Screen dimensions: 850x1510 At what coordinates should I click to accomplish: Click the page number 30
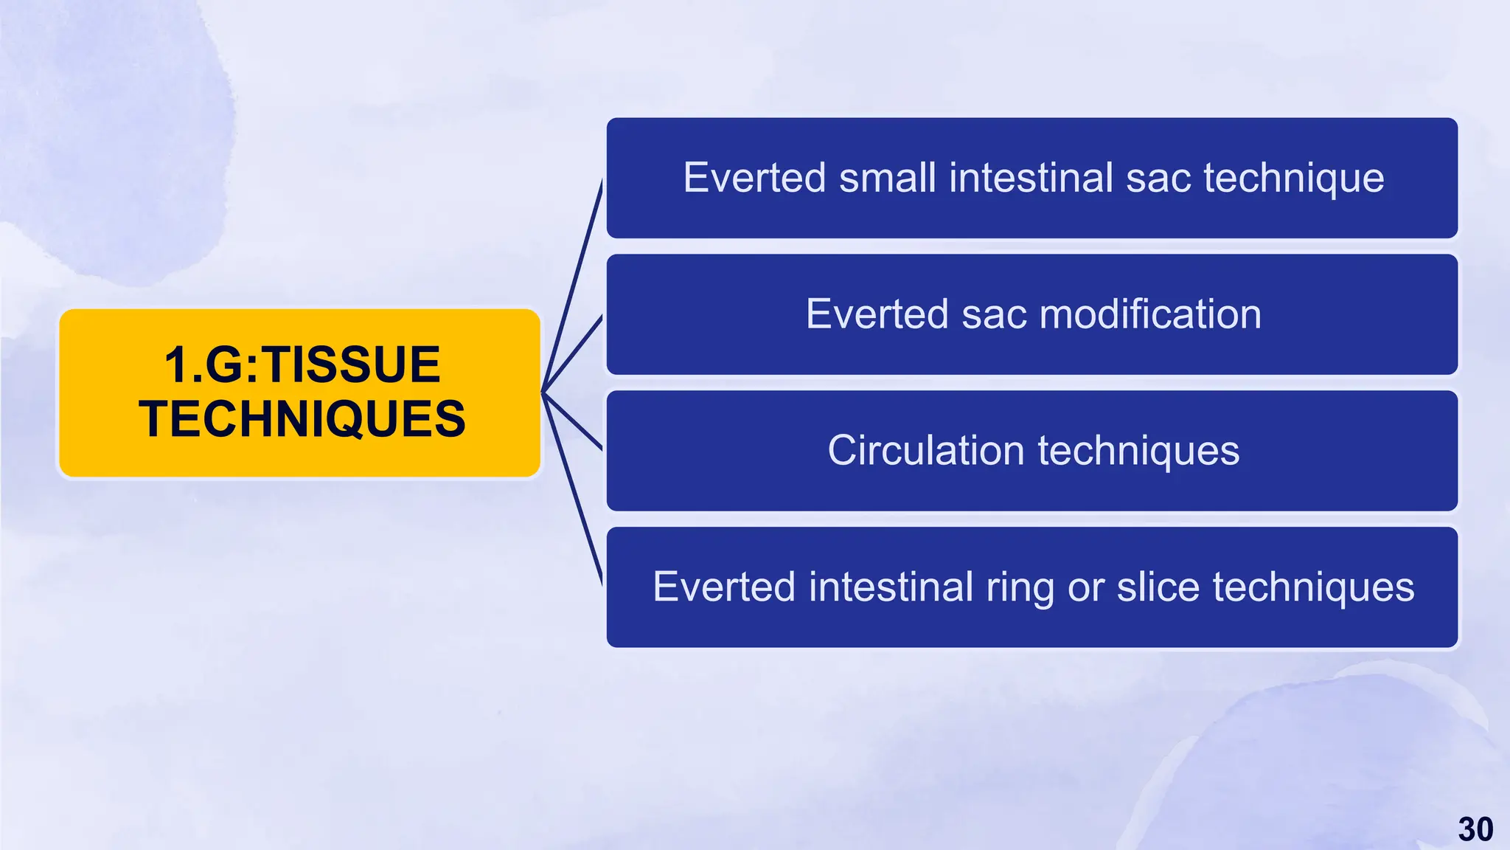click(1475, 829)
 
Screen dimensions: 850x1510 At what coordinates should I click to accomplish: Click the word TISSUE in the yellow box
click(352, 364)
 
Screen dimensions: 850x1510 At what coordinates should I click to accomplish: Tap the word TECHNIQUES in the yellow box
click(302, 419)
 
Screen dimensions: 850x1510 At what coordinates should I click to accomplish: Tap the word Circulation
click(925, 450)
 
